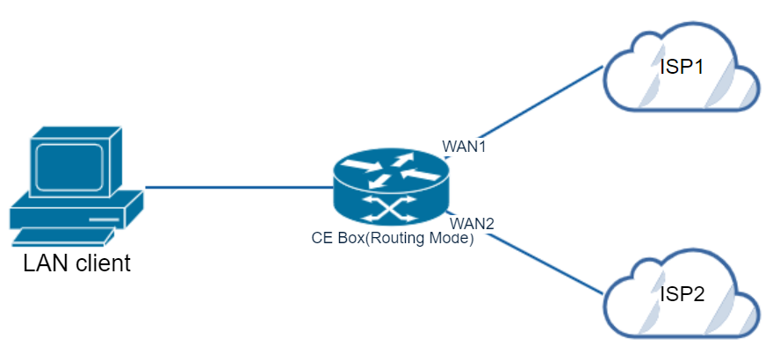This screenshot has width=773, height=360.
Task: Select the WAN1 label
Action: [464, 146]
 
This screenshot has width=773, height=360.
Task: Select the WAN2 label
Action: [471, 223]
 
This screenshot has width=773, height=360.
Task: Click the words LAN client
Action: [76, 262]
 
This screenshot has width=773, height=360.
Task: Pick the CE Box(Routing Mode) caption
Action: [393, 238]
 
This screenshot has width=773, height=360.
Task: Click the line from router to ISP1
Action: [527, 110]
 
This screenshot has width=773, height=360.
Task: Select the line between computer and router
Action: [237, 187]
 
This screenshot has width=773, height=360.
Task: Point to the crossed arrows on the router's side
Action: [391, 210]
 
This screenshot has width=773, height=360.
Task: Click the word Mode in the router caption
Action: [453, 238]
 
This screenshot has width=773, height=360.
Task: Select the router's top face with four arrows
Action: [391, 170]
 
